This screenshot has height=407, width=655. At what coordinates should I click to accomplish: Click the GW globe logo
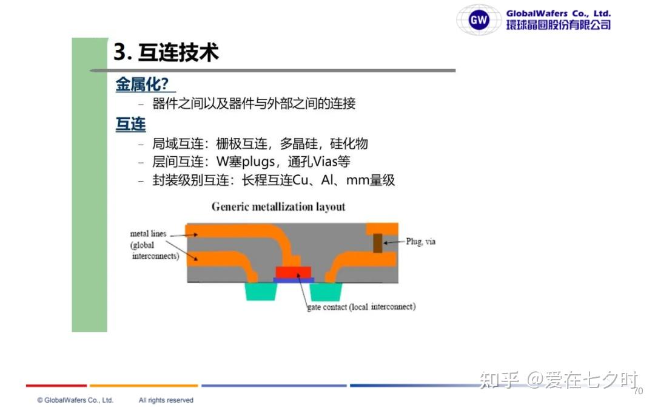point(479,19)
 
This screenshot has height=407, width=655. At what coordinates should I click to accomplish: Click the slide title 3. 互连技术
point(166,52)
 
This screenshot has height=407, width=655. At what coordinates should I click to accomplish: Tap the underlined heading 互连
point(130,125)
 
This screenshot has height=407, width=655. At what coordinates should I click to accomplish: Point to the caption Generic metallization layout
point(278,207)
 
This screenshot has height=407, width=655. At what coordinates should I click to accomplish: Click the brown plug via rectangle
point(378,243)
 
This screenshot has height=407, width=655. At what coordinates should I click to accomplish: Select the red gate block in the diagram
point(294,272)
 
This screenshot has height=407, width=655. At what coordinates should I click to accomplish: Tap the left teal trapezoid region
point(261,292)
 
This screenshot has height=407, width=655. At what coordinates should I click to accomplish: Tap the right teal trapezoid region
point(326,292)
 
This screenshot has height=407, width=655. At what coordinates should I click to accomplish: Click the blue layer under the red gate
point(294,280)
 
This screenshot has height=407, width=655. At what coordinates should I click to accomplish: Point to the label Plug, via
point(421,241)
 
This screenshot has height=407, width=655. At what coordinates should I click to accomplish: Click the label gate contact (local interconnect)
point(361,307)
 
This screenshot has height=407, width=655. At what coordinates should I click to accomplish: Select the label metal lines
point(149,233)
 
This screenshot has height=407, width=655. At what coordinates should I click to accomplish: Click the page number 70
point(638,391)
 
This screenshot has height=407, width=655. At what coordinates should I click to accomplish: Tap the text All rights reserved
point(166,400)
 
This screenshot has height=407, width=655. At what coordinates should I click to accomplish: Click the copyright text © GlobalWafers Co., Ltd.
point(75,400)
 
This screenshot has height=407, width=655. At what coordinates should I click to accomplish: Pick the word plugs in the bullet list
point(258,162)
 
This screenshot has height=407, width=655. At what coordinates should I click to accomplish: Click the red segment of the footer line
point(56,385)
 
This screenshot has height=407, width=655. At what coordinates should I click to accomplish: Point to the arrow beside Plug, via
point(394,242)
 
